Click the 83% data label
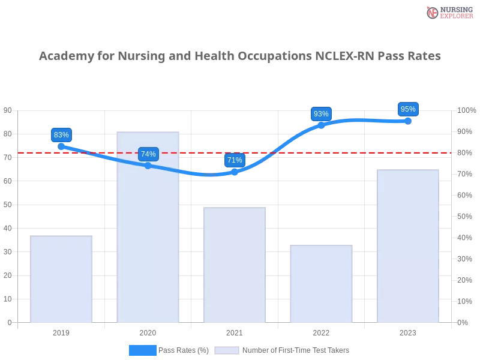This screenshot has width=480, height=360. (x=61, y=135)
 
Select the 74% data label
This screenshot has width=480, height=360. (x=148, y=154)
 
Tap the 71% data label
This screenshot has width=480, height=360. (x=235, y=160)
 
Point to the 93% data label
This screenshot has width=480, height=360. (x=321, y=114)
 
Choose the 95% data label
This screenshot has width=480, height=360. (x=408, y=109)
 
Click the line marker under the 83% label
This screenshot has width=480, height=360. (x=61, y=146)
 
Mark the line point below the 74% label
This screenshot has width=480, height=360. (x=148, y=165)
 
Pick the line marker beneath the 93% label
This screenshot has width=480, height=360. (x=321, y=125)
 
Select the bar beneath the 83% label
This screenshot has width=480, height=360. (x=62, y=279)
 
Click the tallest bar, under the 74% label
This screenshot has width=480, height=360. (x=149, y=228)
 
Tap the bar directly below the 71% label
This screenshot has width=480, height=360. (x=235, y=264)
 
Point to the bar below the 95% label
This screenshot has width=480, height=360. (x=408, y=246)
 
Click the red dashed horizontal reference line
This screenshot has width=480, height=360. (x=360, y=152)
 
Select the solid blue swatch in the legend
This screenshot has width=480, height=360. (x=143, y=350)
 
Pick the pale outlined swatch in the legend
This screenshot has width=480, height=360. (x=227, y=350)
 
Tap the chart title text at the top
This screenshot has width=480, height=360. (x=240, y=57)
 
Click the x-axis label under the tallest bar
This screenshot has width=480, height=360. (x=149, y=331)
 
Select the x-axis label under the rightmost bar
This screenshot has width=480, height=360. (x=408, y=331)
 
